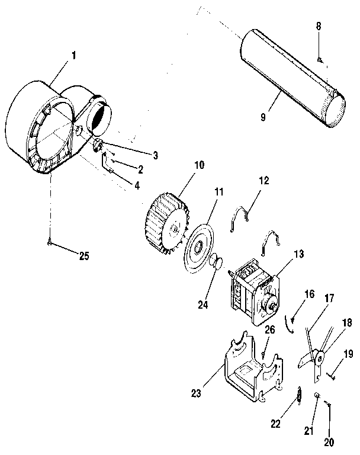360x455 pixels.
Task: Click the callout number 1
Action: coord(74,56)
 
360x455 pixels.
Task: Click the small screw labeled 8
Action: coord(319,60)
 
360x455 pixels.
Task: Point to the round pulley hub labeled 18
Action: coord(319,358)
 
